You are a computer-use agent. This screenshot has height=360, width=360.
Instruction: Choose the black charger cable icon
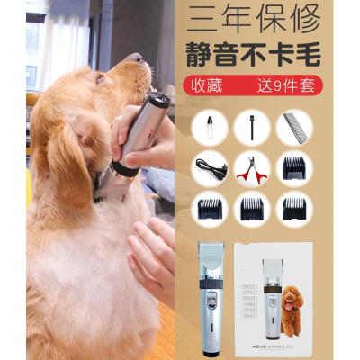pyautogui.click(x=209, y=168)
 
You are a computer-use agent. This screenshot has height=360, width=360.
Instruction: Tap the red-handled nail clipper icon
pyautogui.click(x=252, y=168)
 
